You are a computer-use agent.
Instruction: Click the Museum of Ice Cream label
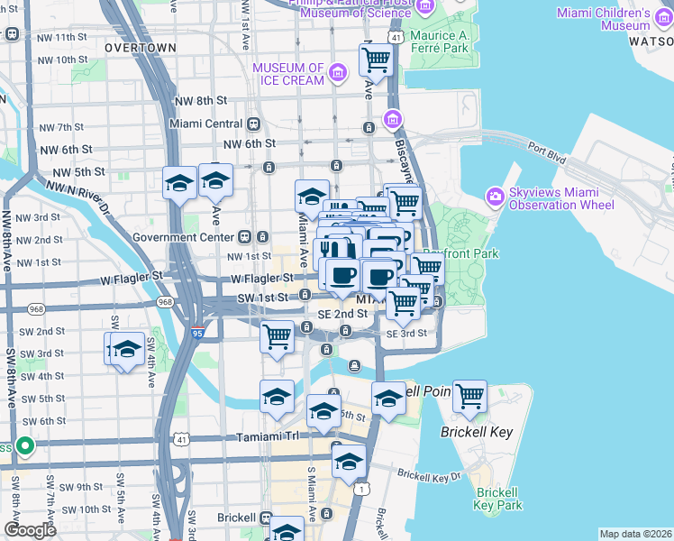[x=288, y=74]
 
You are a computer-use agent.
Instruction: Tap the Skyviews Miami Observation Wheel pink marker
[x=494, y=195]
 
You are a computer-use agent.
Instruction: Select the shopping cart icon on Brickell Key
[x=469, y=396]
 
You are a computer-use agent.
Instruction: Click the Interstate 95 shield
[x=197, y=333]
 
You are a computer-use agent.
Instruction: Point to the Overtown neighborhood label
[x=140, y=47]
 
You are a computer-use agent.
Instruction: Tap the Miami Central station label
[x=206, y=124]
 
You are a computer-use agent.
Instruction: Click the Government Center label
[x=184, y=237]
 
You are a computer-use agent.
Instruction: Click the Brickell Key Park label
[x=498, y=499]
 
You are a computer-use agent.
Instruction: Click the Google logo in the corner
[x=30, y=530]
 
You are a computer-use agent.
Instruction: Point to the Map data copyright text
[x=635, y=534]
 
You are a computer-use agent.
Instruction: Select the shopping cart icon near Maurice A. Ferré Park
[x=376, y=60]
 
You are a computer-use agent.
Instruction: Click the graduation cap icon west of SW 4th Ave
[x=125, y=349]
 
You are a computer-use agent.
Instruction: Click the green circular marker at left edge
[x=25, y=445]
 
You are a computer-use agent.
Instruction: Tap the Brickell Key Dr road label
[x=429, y=474]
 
